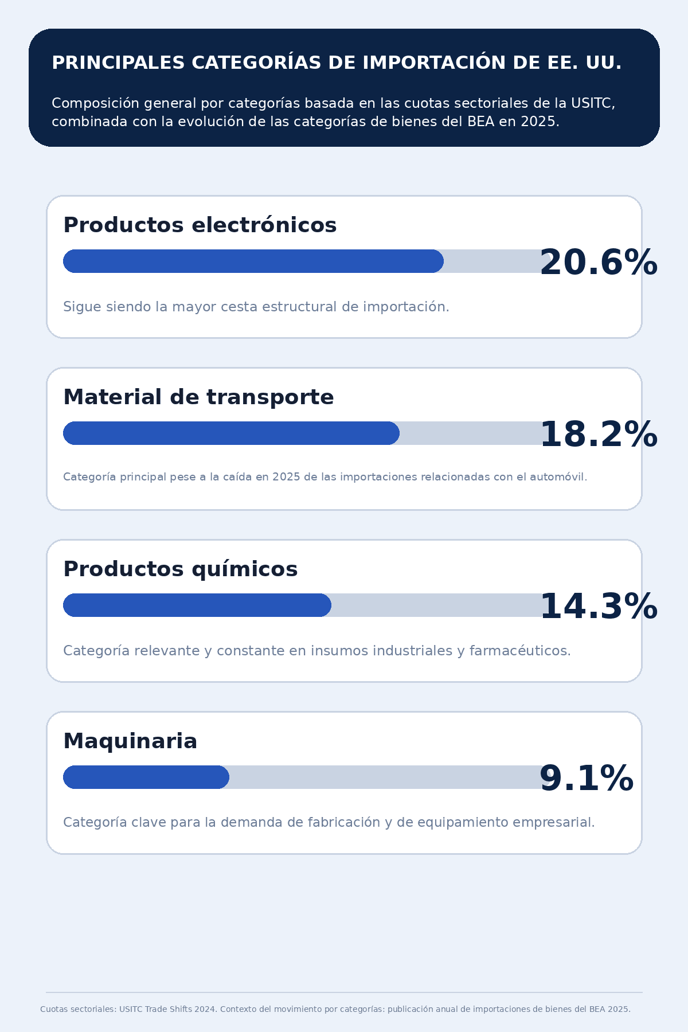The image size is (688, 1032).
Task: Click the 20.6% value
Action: [x=598, y=263]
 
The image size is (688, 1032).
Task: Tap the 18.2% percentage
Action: [x=598, y=435]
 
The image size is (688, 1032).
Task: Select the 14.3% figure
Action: [x=598, y=607]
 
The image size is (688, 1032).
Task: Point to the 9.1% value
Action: [x=586, y=779]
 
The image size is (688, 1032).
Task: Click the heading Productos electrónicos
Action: [x=200, y=225]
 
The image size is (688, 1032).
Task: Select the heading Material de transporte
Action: [x=198, y=397]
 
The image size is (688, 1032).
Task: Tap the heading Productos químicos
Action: [x=180, y=569]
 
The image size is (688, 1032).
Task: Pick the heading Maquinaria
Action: [x=130, y=741]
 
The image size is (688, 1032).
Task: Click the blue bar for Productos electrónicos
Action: [x=253, y=261]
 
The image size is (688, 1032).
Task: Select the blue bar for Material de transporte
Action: [x=231, y=433]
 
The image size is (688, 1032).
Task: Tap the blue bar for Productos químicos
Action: [x=197, y=605]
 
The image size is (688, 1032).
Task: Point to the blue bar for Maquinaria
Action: [x=146, y=777]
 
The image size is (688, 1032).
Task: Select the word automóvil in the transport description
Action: [x=560, y=477]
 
